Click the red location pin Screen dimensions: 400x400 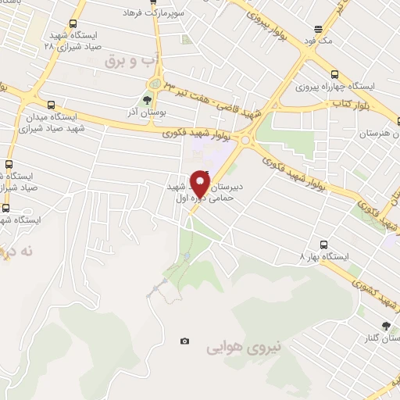pyautogui.click(x=201, y=185)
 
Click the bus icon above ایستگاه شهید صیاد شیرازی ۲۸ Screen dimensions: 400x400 pyautogui.click(x=73, y=24)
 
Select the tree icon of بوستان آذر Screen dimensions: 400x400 pyautogui.click(x=148, y=100)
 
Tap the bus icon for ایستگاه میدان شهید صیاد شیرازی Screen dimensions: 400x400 pyautogui.click(x=52, y=104)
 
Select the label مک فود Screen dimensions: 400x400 pyautogui.click(x=320, y=37)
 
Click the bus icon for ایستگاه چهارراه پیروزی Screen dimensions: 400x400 pyautogui.click(x=335, y=73)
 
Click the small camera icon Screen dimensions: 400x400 pyautogui.click(x=184, y=341)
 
